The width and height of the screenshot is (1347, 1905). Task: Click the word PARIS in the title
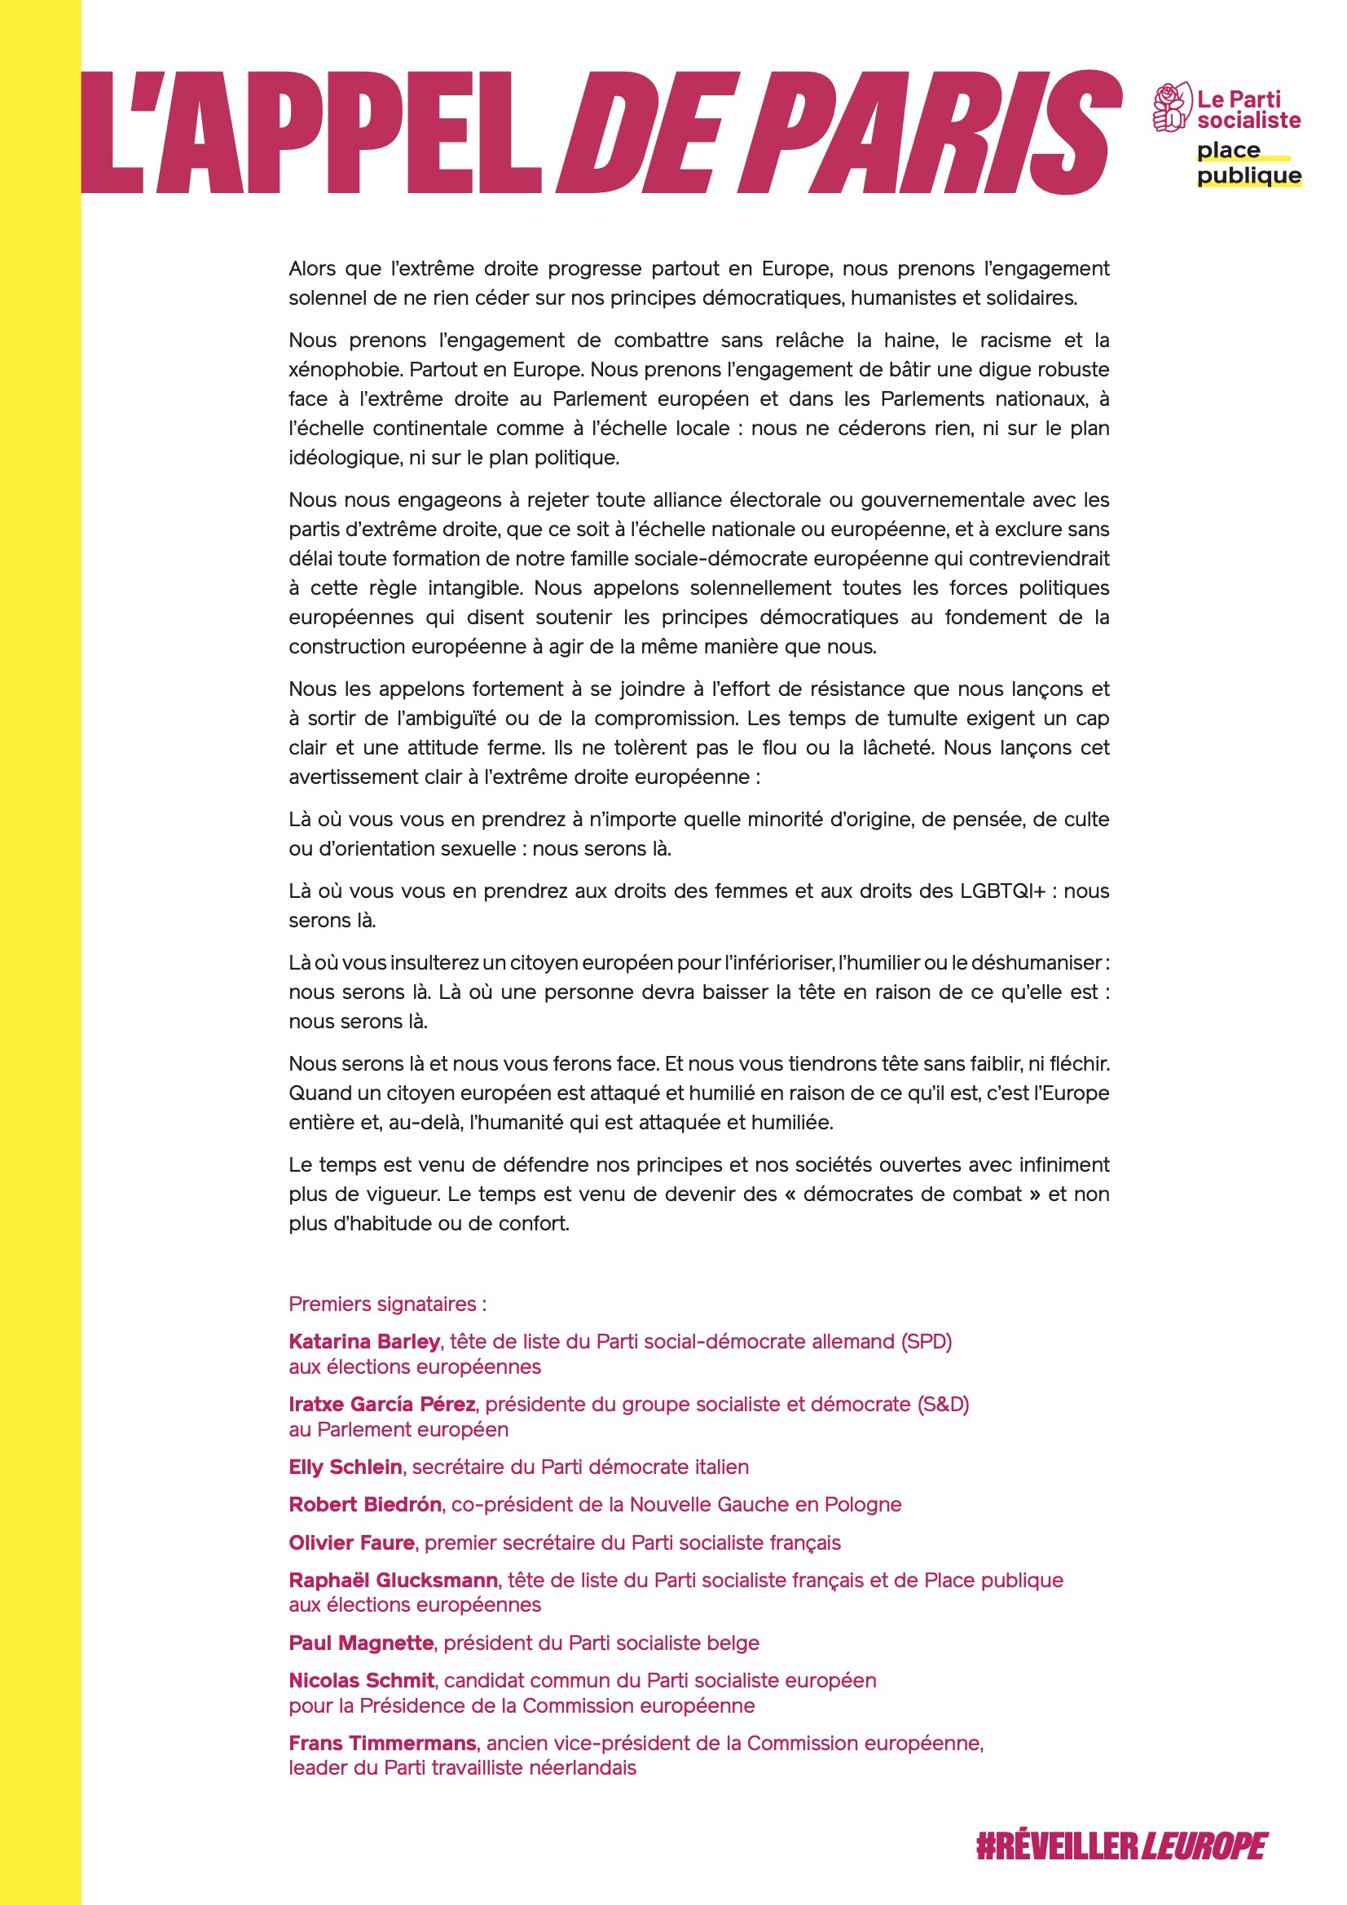pos(930,133)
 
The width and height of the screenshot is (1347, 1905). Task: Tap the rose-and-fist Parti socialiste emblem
pos(1170,108)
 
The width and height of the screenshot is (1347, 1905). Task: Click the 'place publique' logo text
pos(1248,163)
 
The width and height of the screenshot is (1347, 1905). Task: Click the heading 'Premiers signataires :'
pos(388,1304)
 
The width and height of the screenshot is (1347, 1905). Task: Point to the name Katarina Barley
pos(364,1342)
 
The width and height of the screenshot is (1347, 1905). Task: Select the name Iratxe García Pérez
pos(382,1404)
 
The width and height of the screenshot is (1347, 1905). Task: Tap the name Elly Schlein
pos(346,1467)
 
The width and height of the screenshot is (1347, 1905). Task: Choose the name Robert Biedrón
pos(365,1504)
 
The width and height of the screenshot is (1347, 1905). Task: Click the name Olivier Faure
pos(352,1542)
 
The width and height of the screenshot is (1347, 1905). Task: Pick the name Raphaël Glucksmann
pos(394,1580)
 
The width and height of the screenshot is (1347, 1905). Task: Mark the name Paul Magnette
pos(361,1643)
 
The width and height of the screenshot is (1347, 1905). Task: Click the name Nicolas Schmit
pos(362,1680)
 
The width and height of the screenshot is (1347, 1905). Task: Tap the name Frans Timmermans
pos(383,1743)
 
